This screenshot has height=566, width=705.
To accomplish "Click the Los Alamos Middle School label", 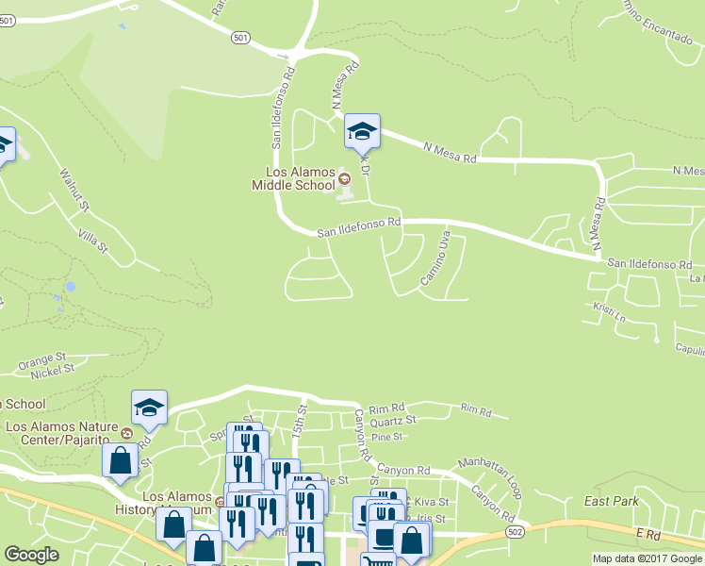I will point(294,178).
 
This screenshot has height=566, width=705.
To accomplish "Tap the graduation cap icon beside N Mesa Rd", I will point(361,131).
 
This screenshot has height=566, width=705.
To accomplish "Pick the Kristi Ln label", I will point(609,310).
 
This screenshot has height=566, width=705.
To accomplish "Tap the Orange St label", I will point(40,361).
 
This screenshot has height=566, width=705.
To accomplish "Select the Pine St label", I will point(386,437).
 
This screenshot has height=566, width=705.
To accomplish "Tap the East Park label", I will point(611,501).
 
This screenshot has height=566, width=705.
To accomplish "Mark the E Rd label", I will point(649,533).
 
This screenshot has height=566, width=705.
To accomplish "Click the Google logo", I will point(31,555).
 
